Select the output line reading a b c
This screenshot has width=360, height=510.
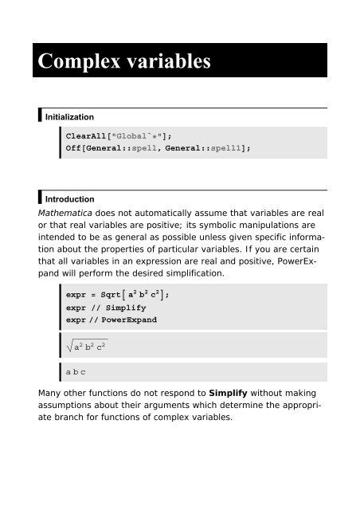tap(76, 372)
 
